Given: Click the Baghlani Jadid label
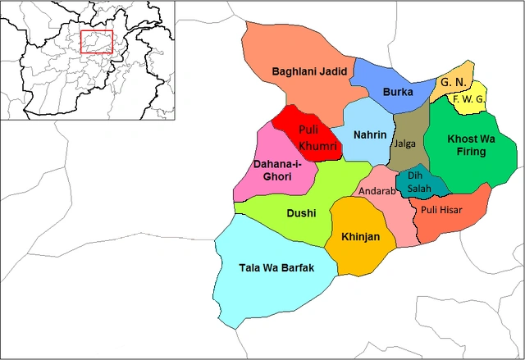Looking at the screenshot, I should tap(310, 73).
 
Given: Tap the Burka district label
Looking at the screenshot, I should tap(397, 92).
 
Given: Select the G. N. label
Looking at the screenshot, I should tap(451, 83).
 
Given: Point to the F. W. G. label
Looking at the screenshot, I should tap(468, 100).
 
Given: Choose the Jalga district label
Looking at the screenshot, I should tap(405, 144).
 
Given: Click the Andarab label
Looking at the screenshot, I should tap(377, 191).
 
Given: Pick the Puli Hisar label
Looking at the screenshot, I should tap(442, 209).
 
